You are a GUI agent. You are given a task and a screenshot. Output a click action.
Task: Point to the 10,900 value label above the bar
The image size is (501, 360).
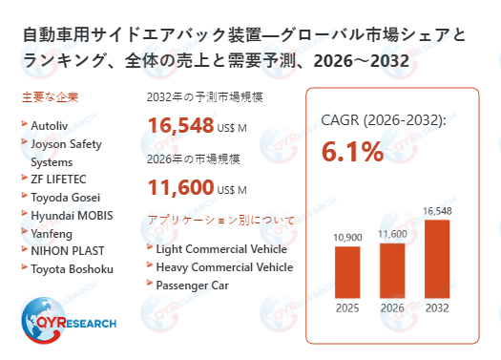click(346, 237)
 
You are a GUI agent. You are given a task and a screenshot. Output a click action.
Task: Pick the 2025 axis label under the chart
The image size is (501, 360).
click(346, 307)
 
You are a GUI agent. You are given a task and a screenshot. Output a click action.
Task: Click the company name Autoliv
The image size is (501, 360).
click(51, 125)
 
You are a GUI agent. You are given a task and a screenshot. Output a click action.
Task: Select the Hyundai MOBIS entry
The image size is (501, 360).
click(72, 215)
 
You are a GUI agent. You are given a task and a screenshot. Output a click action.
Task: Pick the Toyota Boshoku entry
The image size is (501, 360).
click(73, 268)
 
